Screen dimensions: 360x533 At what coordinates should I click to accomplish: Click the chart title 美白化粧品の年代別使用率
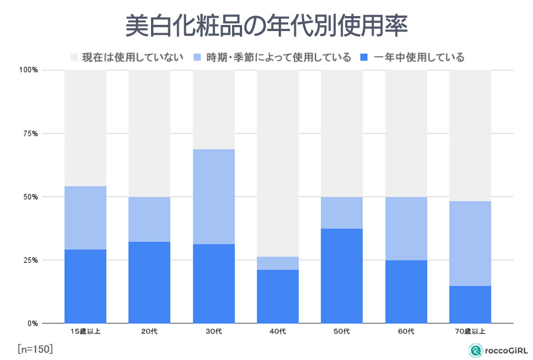click(266, 26)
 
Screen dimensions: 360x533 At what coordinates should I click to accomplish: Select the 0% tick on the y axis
click(32, 323)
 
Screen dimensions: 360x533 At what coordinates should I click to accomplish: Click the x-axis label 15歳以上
click(85, 332)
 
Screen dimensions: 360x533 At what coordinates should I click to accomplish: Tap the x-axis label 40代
click(278, 332)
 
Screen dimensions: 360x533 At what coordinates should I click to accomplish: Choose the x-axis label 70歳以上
click(470, 332)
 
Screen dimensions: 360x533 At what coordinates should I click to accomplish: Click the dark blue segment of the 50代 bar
click(341, 276)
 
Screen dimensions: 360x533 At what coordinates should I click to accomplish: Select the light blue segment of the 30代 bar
click(213, 196)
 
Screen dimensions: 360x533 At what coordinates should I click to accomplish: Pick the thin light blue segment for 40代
click(278, 263)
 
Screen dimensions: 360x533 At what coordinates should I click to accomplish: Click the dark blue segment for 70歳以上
click(470, 305)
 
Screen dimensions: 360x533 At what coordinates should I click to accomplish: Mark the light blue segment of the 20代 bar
click(149, 219)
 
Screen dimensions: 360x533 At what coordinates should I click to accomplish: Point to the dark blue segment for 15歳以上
click(85, 286)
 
